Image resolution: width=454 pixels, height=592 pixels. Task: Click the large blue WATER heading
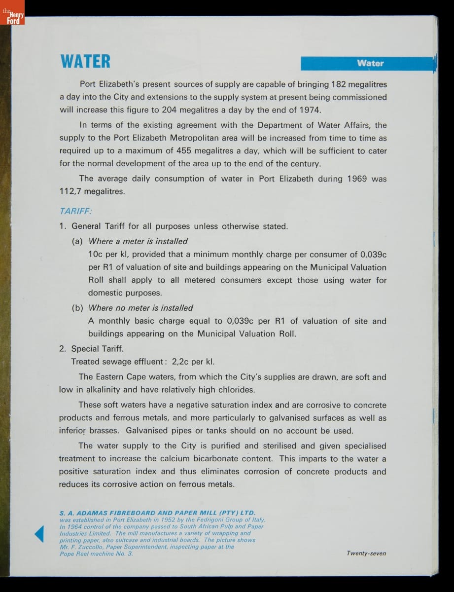click(x=85, y=62)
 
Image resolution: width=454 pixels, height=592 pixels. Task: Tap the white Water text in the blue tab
click(x=370, y=63)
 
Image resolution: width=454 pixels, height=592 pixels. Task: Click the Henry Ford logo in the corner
click(x=12, y=18)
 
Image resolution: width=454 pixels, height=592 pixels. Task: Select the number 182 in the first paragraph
click(x=339, y=84)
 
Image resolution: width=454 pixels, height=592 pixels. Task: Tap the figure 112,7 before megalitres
click(x=70, y=191)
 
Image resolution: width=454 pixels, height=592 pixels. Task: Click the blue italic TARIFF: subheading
click(x=75, y=211)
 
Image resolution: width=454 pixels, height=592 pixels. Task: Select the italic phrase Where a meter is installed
click(x=138, y=241)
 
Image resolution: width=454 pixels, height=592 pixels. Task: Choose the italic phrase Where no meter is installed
click(x=140, y=308)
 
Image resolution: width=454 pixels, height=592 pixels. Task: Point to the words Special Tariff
click(x=98, y=349)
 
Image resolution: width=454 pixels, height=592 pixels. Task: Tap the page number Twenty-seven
click(x=366, y=554)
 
